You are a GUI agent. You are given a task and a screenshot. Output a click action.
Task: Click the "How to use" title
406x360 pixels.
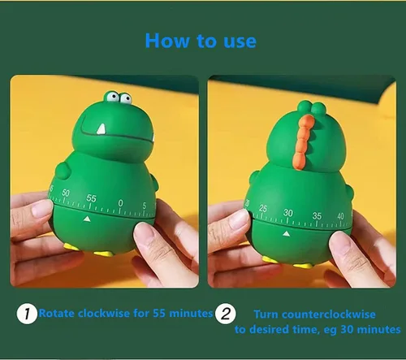201,41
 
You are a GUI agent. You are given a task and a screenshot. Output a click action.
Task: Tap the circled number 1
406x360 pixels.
27,314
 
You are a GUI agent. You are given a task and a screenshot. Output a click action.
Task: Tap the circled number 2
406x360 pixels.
226,314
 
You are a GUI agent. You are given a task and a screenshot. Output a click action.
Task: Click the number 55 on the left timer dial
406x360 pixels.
92,198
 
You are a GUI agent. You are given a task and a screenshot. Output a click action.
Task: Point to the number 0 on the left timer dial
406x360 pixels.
120,203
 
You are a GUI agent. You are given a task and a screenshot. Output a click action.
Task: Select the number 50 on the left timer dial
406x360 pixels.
66,193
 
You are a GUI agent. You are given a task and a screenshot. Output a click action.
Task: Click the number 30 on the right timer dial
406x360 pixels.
288,213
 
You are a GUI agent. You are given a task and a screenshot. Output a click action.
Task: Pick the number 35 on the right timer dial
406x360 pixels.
317,216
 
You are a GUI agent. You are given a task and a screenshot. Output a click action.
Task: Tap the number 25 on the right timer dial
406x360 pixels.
263,208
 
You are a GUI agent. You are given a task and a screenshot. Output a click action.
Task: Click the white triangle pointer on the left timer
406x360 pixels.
87,219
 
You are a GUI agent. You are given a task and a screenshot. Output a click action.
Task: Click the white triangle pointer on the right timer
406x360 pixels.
287,233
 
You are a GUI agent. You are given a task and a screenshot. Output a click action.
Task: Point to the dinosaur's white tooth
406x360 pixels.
101,129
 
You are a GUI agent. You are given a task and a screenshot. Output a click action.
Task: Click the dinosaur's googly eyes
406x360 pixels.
118,98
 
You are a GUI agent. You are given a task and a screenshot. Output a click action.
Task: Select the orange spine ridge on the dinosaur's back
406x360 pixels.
303,142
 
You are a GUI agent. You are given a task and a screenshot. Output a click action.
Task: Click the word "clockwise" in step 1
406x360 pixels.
104,314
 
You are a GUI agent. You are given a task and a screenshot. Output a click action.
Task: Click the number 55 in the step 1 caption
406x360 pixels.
159,314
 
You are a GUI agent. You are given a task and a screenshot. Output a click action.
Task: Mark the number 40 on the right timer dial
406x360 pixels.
340,216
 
